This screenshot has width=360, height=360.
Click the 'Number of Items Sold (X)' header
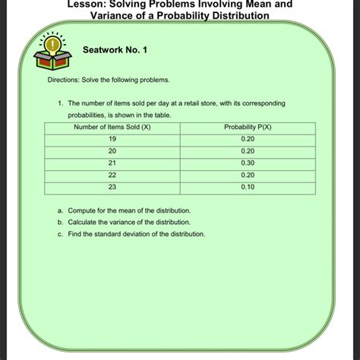point(112,126)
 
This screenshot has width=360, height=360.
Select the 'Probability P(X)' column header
point(248,126)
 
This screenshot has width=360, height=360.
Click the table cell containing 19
point(112,138)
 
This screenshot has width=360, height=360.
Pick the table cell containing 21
point(112,163)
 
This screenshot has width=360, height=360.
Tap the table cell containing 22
point(112,174)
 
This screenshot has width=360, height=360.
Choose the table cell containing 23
point(112,186)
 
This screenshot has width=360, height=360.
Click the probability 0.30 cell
point(248,163)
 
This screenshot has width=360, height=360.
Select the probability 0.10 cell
point(248,186)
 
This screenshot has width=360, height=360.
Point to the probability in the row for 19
point(248,138)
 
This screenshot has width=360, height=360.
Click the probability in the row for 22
point(248,174)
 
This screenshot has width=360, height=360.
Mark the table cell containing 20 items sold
point(112,150)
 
